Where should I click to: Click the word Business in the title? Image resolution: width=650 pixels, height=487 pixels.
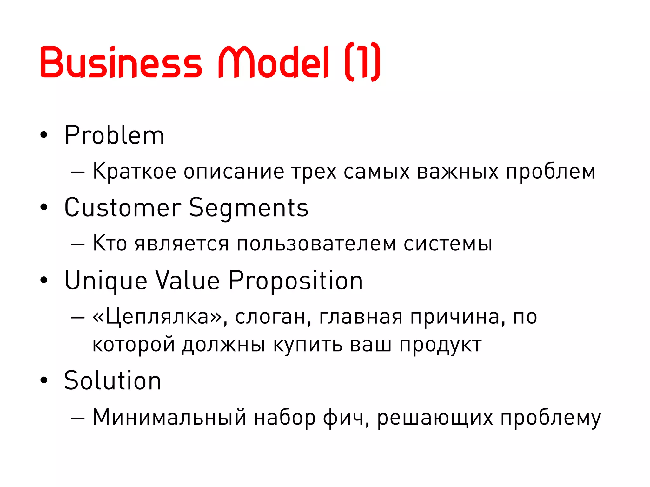tap(121, 62)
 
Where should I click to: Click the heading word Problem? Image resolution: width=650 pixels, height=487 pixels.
tap(114, 135)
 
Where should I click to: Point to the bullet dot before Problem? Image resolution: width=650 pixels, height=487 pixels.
tap(44, 135)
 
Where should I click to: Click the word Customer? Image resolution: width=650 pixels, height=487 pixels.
tap(123, 208)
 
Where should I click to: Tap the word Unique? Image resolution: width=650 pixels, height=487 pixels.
tap(106, 281)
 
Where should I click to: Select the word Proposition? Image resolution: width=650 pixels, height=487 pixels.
tap(295, 281)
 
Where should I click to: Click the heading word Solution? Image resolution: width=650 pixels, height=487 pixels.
tap(113, 380)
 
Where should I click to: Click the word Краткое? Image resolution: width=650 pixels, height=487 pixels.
tap(134, 172)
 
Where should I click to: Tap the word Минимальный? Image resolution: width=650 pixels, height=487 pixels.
tap(170, 417)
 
